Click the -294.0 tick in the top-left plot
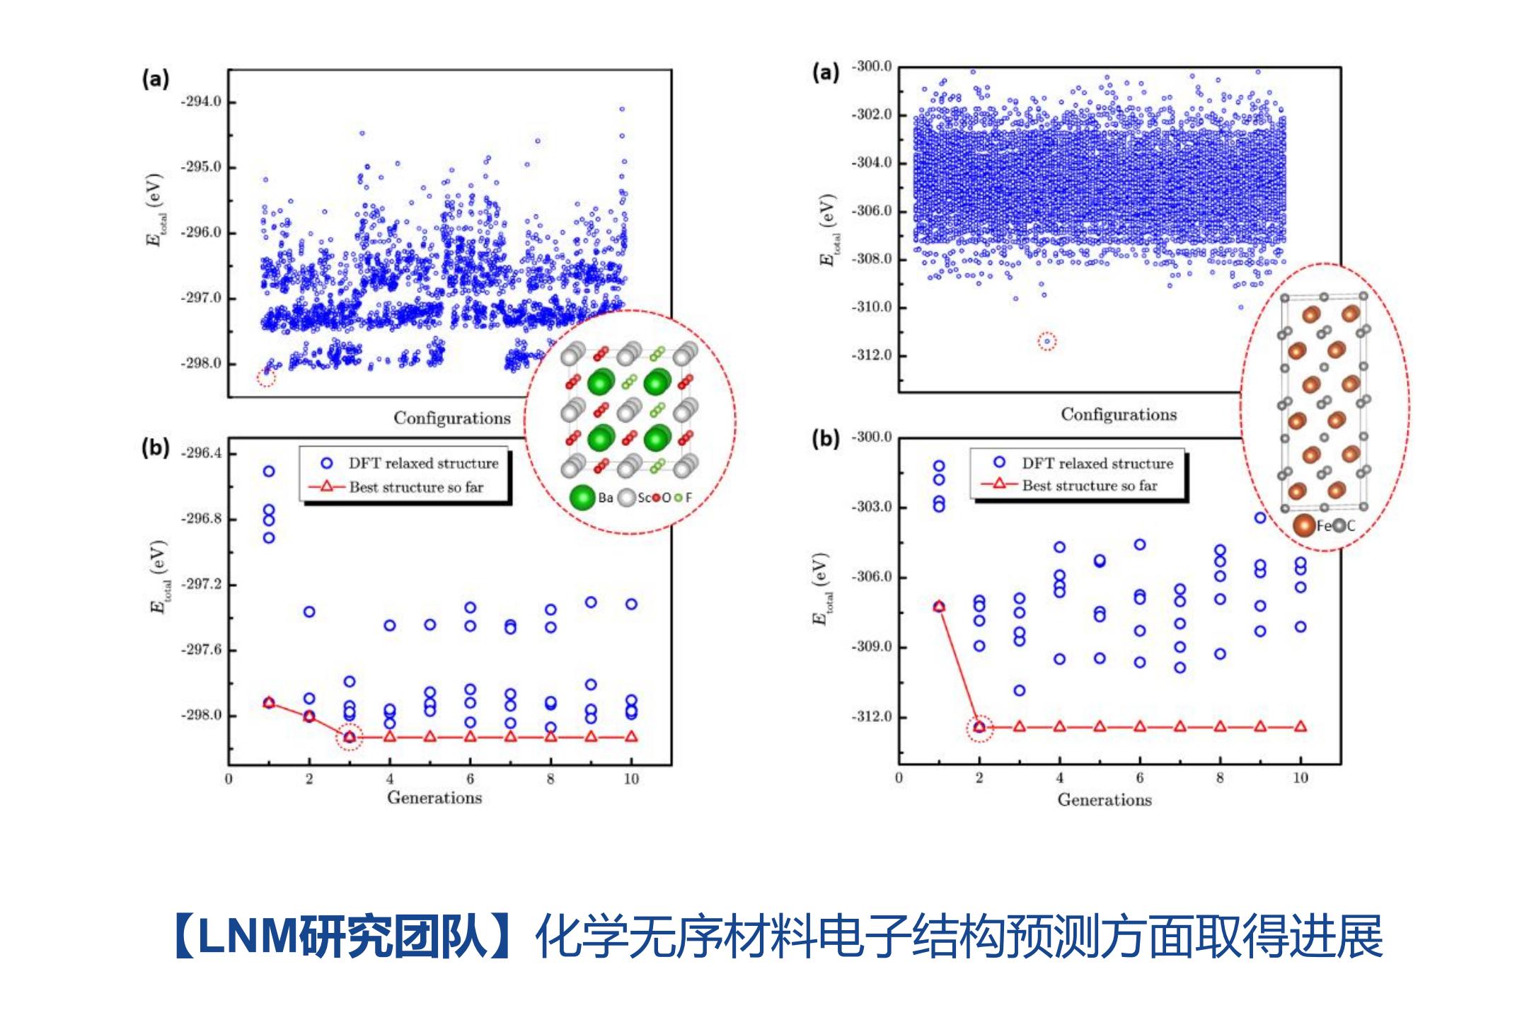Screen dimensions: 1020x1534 (x=202, y=102)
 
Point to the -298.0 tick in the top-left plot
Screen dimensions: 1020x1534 (x=202, y=364)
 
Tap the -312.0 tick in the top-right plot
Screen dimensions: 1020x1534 (x=872, y=355)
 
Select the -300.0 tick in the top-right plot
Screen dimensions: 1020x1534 (x=872, y=67)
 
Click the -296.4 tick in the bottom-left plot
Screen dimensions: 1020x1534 (x=202, y=453)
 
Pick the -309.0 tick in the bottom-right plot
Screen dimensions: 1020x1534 (x=872, y=647)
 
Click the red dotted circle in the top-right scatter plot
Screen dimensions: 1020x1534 (x=1047, y=342)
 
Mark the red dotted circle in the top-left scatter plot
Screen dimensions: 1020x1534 (x=265, y=377)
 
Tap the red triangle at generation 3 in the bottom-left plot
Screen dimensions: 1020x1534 (x=350, y=737)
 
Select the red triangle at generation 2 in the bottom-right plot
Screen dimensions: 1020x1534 (x=979, y=727)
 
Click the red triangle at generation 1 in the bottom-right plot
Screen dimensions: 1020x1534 (x=939, y=607)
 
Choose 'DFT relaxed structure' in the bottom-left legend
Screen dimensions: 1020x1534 (x=422, y=464)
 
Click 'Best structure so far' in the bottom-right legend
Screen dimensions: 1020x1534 (x=1090, y=486)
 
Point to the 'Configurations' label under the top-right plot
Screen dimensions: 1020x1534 (x=1119, y=415)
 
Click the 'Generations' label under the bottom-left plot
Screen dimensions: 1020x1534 (x=434, y=798)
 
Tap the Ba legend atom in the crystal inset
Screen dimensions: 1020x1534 (x=582, y=498)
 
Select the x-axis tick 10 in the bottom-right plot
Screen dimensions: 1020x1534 (x=1301, y=778)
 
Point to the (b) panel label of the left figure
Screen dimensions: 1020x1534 (x=155, y=448)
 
